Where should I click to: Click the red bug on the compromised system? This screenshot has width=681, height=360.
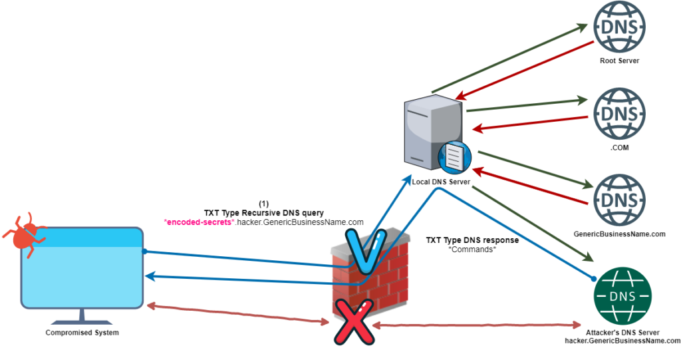(x=25, y=234)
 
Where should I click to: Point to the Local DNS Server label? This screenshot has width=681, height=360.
(x=441, y=182)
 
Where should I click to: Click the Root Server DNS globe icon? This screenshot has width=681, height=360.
(x=618, y=28)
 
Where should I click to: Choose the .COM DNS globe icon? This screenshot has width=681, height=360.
(x=618, y=114)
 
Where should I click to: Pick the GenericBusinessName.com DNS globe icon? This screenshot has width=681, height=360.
(x=618, y=200)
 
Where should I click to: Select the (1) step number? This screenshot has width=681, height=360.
(x=263, y=204)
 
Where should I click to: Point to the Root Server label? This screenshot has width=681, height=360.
(x=618, y=61)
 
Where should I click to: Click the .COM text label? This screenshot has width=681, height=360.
(x=619, y=148)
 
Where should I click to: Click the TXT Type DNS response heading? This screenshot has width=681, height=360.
(x=472, y=240)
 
